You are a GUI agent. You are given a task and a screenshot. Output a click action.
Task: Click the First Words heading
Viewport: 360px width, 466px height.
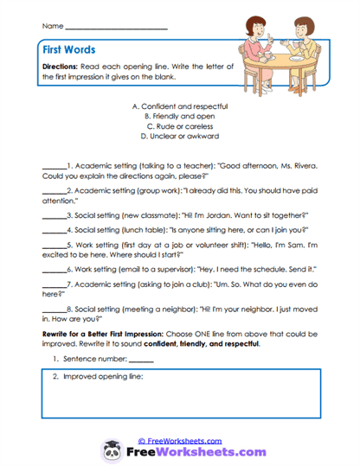tap(69, 50)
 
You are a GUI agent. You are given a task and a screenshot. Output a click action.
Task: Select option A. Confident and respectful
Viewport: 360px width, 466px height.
tap(179, 105)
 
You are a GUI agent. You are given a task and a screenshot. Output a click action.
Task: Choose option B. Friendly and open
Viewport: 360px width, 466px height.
tap(179, 116)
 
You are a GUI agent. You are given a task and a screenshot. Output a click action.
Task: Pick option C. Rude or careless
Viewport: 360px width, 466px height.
tap(179, 126)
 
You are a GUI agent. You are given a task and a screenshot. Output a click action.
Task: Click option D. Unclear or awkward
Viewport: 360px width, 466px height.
tap(179, 137)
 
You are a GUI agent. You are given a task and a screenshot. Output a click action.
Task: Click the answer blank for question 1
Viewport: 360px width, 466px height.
tap(53, 163)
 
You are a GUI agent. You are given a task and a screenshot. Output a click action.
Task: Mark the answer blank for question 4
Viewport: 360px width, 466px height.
tap(53, 230)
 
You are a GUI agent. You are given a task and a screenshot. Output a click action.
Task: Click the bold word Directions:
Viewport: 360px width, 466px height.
tap(61, 67)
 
